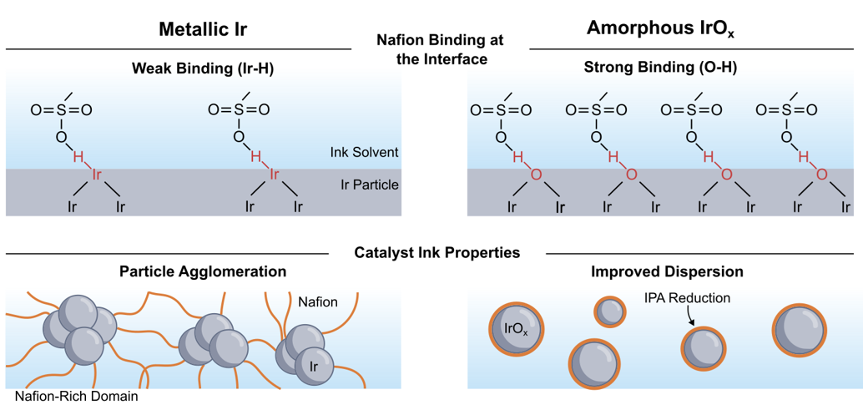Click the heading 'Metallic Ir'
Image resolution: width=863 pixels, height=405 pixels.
[203, 29]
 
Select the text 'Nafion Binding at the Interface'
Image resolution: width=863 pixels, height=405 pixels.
[440, 49]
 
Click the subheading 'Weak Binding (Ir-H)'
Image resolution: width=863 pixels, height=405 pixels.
[203, 69]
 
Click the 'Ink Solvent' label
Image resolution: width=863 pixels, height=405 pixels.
[365, 152]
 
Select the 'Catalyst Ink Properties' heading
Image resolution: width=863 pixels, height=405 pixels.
[438, 252]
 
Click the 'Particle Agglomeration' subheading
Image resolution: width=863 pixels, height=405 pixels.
[203, 271]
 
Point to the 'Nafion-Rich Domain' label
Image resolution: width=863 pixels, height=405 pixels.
[76, 396]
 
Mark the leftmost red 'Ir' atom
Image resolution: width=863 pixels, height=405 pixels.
[96, 175]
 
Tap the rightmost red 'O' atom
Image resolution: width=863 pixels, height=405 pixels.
[821, 175]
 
